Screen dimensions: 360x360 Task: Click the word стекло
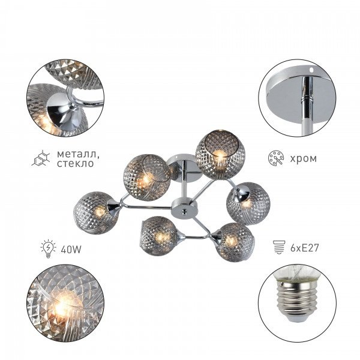pyautogui.click(x=76, y=163)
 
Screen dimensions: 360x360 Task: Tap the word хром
pyautogui.click(x=303, y=158)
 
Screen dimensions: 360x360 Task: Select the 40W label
pyautogui.click(x=71, y=250)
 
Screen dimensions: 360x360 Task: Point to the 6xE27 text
pyautogui.click(x=305, y=248)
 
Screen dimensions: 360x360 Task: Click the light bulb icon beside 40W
pyautogui.click(x=48, y=248)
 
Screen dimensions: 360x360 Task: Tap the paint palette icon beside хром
pyautogui.click(x=276, y=158)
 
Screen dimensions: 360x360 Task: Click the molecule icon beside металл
pyautogui.click(x=41, y=158)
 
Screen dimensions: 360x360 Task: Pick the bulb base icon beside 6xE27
pyautogui.click(x=279, y=247)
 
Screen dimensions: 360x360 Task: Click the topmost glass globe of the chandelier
pyautogui.click(x=220, y=155)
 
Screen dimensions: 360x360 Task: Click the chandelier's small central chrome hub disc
pyautogui.click(x=184, y=207)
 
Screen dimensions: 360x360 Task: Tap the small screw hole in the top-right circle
pyautogui.click(x=311, y=68)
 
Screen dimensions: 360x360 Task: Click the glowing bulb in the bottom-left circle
pyautogui.click(x=62, y=305)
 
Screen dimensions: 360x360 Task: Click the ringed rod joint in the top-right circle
pyautogui.click(x=307, y=99)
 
